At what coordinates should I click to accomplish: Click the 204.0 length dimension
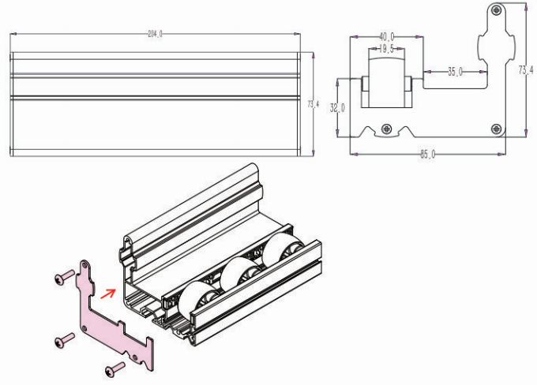tap(155, 35)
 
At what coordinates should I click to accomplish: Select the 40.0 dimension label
tap(387, 36)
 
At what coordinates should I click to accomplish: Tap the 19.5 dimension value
tap(386, 49)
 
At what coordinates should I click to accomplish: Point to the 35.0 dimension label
tap(456, 72)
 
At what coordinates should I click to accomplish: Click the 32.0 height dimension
tap(337, 108)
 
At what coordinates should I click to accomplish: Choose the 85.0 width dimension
tap(427, 153)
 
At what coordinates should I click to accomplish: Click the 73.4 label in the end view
tap(526, 70)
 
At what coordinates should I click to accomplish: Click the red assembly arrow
tap(108, 295)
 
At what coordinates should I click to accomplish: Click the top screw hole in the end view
tap(496, 10)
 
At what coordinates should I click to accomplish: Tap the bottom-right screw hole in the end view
tap(496, 128)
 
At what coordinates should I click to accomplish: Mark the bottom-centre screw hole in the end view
tap(386, 128)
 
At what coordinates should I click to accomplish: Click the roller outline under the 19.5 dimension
tap(386, 83)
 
